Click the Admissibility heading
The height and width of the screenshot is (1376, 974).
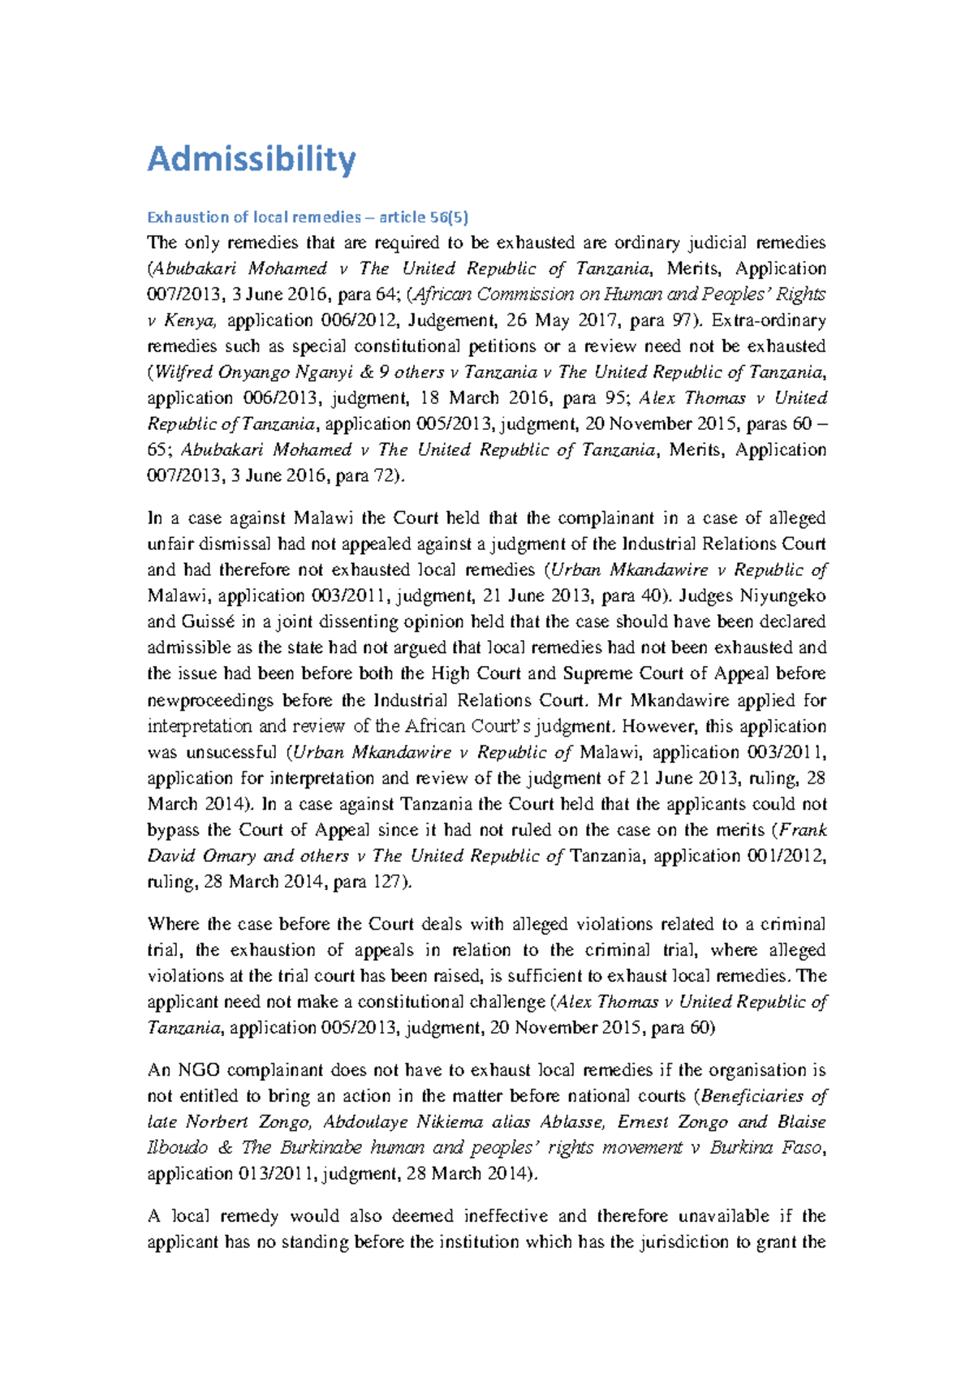[x=251, y=159]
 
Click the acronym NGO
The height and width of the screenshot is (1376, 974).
[x=198, y=1070]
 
